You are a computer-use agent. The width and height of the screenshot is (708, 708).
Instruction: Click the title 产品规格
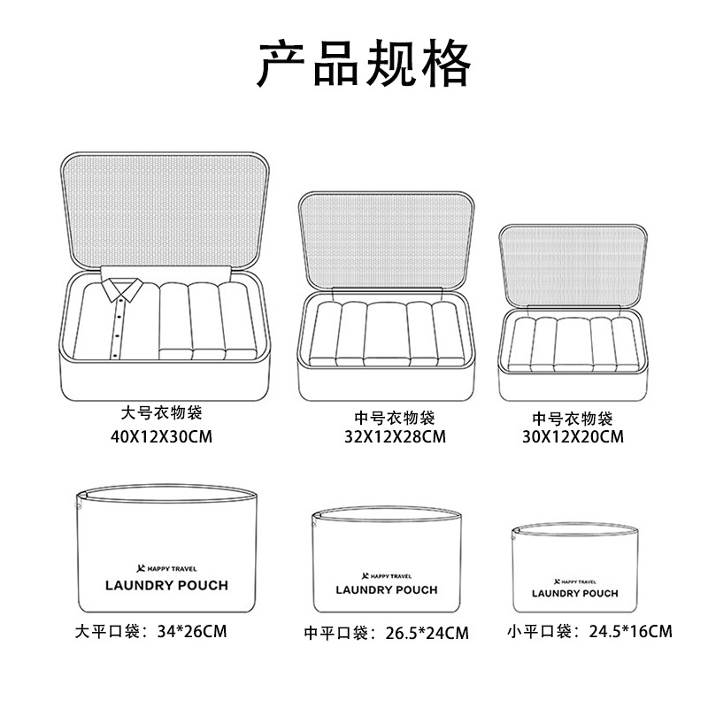[x=364, y=63]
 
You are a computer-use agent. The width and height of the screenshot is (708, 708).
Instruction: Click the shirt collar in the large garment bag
[x=122, y=289]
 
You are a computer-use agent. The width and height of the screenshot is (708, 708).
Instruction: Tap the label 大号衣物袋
[x=161, y=412]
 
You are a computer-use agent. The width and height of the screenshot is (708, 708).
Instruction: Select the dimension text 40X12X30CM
[x=161, y=436]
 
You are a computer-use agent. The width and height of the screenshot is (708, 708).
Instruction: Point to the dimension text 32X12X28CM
[x=395, y=436]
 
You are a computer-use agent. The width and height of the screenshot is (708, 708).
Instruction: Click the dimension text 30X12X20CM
[x=573, y=436]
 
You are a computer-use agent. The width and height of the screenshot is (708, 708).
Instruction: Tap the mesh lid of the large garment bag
[x=165, y=211]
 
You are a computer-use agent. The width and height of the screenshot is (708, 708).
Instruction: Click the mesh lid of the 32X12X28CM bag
[x=386, y=241]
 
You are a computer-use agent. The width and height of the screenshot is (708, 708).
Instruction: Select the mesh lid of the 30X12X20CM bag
[x=573, y=266]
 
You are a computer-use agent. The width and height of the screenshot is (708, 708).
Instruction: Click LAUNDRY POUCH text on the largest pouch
[x=166, y=586]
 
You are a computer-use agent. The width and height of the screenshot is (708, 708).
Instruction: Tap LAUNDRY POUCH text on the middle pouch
[x=387, y=590]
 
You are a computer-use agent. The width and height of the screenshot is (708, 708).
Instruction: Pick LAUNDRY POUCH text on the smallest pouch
[x=574, y=593]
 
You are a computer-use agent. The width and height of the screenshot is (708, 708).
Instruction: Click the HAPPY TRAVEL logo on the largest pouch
[x=166, y=569]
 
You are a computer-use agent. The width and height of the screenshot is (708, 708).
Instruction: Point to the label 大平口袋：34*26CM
[x=150, y=631]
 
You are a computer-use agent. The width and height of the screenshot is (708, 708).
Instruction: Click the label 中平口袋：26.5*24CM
[x=386, y=633]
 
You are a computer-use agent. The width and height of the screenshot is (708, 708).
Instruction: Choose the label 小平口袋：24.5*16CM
[x=589, y=631]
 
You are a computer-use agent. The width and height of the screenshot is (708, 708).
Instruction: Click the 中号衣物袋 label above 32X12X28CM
[x=395, y=418]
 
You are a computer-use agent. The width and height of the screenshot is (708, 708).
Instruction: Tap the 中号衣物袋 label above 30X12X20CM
[x=573, y=419]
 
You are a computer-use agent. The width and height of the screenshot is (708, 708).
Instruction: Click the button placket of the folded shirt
[x=117, y=328]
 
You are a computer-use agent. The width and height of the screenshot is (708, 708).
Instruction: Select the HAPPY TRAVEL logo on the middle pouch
[x=387, y=576]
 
